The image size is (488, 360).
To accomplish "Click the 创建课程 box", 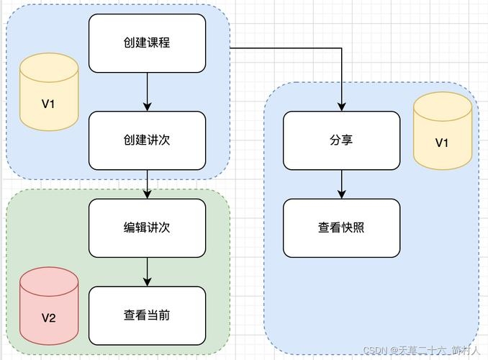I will (147, 43).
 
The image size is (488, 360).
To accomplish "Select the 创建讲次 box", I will (147, 140).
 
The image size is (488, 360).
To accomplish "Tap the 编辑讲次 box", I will (147, 228).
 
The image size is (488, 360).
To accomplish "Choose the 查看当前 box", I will (147, 315).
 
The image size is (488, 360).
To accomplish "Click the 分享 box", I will (341, 140).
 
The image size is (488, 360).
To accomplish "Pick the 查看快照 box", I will (341, 228).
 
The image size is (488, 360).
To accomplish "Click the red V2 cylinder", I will (48, 307).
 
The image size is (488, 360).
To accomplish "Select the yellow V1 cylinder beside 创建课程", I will (48, 94).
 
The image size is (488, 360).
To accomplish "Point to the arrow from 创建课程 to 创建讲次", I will (147, 91).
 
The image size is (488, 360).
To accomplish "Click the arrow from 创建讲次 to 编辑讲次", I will (147, 184).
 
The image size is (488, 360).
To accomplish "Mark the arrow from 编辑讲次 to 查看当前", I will (147, 271).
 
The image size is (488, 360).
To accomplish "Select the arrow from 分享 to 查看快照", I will (341, 184).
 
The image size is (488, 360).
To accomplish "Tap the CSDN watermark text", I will (420, 351).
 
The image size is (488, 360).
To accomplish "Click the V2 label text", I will (48, 318).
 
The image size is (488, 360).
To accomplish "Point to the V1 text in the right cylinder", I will (442, 143).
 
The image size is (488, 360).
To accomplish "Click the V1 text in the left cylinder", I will (48, 104).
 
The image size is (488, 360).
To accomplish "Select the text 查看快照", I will (341, 228).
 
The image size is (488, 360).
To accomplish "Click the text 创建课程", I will (147, 43).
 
